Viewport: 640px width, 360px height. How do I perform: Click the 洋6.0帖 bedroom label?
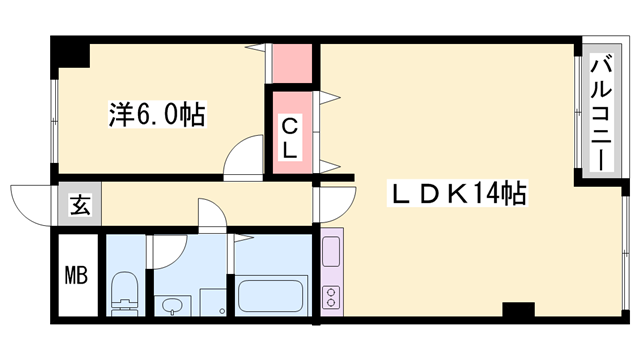click(156, 116)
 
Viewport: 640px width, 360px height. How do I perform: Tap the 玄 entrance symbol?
click(79, 207)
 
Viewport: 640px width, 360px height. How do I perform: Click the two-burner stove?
click(332, 296)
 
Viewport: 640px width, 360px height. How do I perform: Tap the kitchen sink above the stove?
click(332, 249)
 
